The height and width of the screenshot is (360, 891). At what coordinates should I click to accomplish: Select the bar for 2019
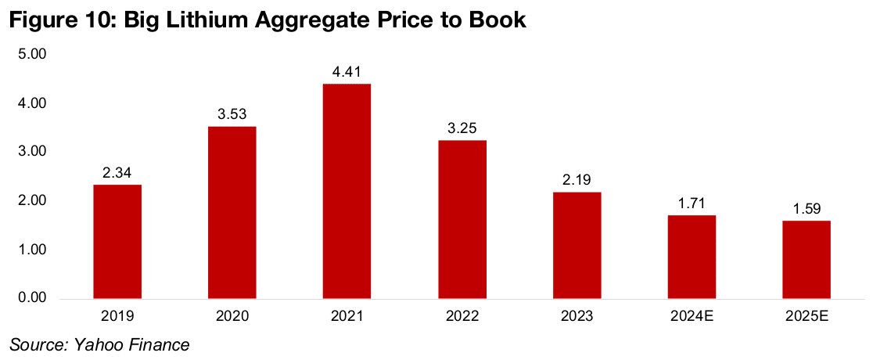(117, 242)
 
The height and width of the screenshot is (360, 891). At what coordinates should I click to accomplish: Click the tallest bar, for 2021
(347, 191)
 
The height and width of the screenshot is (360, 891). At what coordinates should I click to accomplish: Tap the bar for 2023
(577, 245)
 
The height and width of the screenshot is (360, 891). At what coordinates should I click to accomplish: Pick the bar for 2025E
(806, 260)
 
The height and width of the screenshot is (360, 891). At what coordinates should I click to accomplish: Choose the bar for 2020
(232, 212)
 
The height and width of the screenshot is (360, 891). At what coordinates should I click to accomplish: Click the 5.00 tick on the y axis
(33, 55)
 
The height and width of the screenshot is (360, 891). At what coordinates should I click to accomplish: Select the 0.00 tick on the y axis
(33, 299)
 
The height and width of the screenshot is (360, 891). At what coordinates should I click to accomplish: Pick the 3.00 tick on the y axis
(33, 153)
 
